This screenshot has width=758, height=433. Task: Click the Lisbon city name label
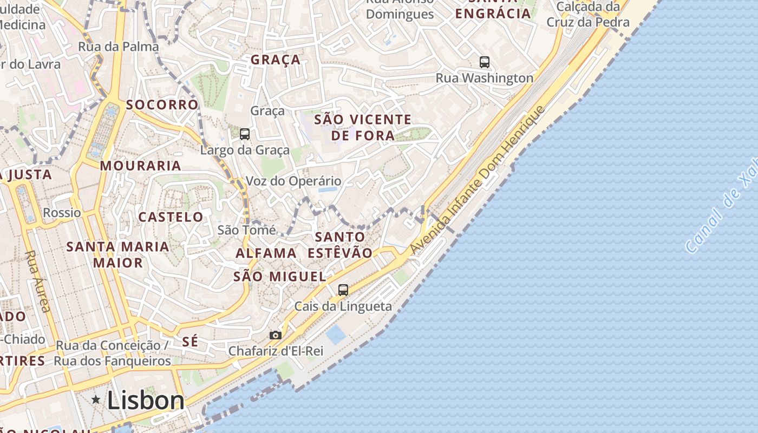pos(146,401)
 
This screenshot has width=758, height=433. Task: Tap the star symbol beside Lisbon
pos(96,400)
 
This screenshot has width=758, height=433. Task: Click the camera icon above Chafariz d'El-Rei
pos(276,335)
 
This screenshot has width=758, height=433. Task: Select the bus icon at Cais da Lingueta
pos(343,290)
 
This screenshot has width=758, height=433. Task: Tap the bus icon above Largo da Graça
pos(245,134)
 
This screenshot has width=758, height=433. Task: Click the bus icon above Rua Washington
pos(485,62)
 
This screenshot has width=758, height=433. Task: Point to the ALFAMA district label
pos(266,253)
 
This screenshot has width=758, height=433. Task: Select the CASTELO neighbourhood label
pos(171,217)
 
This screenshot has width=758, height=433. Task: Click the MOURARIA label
pos(141,166)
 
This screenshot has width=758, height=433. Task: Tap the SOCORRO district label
pos(162,104)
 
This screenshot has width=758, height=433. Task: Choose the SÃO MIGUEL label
pos(279,277)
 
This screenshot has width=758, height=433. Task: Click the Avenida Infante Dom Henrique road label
pos(476,181)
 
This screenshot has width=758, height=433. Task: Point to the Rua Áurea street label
pos(38,281)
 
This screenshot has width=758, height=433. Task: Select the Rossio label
pos(62,212)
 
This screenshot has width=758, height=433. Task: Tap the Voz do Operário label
pos(293,181)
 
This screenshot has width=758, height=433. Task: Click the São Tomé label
pos(246,229)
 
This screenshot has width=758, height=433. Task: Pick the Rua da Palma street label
pos(119,47)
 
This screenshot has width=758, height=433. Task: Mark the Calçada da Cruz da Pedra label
pos(588,15)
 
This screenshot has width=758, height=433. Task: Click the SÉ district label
pos(190,342)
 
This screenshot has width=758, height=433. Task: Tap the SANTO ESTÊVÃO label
pos(340,245)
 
